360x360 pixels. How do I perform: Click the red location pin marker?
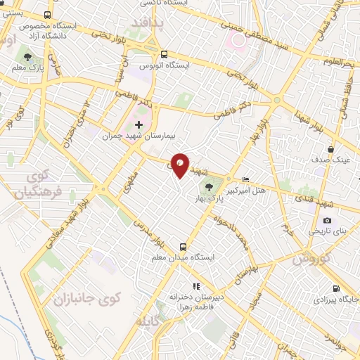tap(180, 165)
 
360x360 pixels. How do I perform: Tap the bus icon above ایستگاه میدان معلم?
tap(183, 247)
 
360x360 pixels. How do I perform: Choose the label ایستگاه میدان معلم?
tap(183, 258)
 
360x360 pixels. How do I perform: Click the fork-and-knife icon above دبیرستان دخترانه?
tap(197, 286)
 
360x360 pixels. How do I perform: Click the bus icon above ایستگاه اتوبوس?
tap(164, 55)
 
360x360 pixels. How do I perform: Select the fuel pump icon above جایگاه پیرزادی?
tap(336, 288)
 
